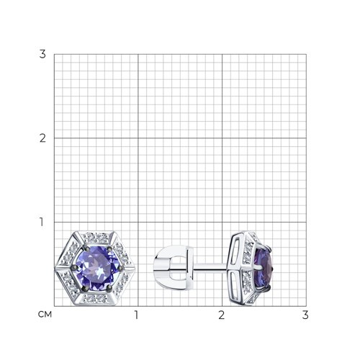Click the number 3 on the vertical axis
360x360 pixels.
click(x=42, y=54)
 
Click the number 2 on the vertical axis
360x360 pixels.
click(x=42, y=138)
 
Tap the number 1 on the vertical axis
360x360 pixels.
click(x=42, y=222)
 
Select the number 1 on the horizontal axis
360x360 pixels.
click(x=137, y=315)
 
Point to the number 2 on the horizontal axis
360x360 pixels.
click(x=221, y=315)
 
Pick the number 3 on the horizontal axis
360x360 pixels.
click(x=305, y=315)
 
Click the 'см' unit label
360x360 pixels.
click(x=45, y=315)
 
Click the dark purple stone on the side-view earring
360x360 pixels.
click(x=264, y=268)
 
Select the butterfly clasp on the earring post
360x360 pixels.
click(x=174, y=267)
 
